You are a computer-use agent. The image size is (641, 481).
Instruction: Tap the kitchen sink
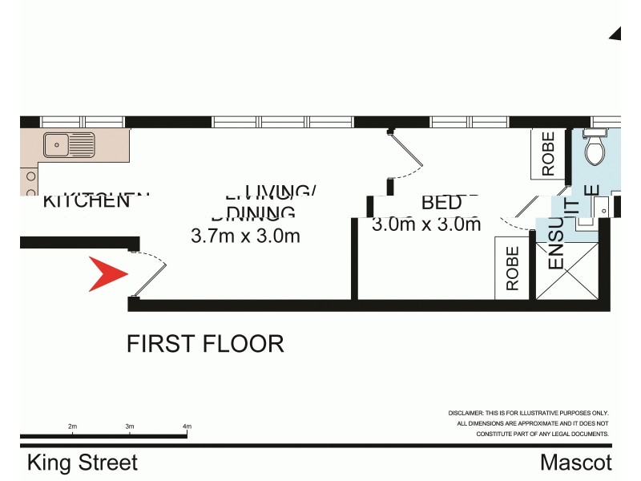point(69,145)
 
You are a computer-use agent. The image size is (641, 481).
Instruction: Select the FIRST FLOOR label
point(205,344)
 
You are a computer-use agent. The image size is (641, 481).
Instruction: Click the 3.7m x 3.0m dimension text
point(245,236)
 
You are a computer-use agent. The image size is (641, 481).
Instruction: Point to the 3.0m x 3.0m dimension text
point(426,224)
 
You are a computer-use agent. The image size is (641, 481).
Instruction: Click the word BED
point(441,203)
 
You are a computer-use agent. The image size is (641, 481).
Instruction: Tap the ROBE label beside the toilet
point(548,154)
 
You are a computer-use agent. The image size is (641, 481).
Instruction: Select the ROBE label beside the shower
point(513,268)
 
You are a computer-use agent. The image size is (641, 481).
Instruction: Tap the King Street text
point(83,463)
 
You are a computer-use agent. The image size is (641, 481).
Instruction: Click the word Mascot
point(575,463)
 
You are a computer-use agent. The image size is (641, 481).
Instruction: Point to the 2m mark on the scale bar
point(72,426)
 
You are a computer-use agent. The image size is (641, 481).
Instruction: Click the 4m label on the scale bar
point(187,426)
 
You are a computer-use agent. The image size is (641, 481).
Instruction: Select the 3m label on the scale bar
point(129,426)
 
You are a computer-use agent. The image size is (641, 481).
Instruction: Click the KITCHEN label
point(86,200)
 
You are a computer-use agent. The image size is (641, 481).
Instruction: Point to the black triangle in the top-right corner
point(616,33)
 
